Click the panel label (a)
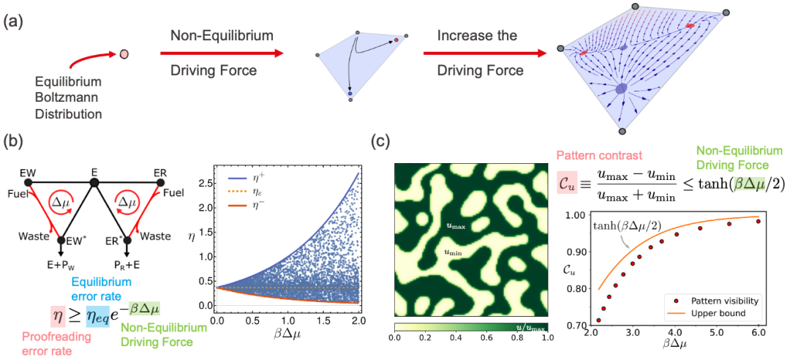(15, 21)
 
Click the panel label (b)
(15, 141)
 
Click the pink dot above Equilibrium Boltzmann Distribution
(124, 54)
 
